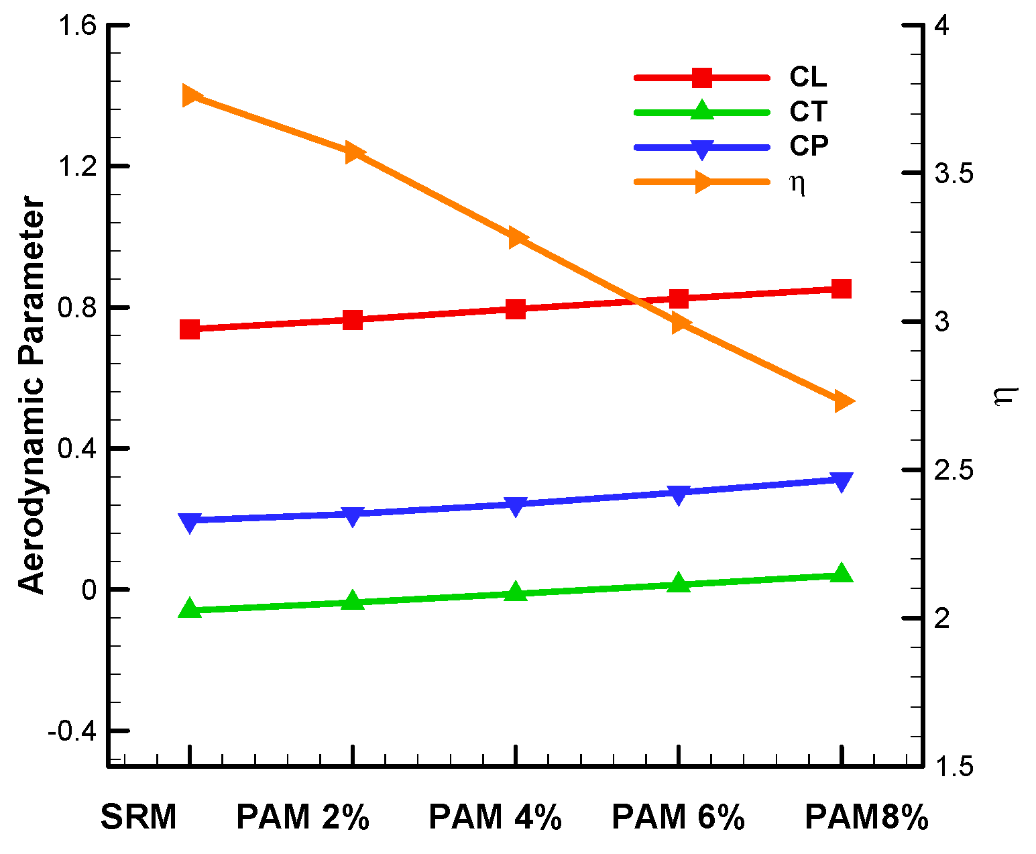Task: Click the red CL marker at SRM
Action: pyautogui.click(x=190, y=329)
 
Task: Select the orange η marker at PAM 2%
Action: pyautogui.click(x=353, y=152)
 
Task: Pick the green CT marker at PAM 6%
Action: pyautogui.click(x=679, y=583)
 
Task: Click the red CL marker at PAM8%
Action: pyautogui.click(x=842, y=289)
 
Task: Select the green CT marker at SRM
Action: pyautogui.click(x=190, y=608)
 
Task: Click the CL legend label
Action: pyautogui.click(x=808, y=77)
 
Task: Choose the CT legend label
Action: pyautogui.click(x=808, y=111)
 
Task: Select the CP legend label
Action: pyautogui.click(x=809, y=146)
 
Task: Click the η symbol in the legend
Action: pyautogui.click(x=797, y=182)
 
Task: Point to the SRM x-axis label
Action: pyautogui.click(x=139, y=817)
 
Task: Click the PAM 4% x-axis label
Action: pyautogui.click(x=495, y=817)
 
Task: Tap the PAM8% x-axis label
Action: pyautogui.click(x=866, y=817)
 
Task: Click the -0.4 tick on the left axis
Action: pyautogui.click(x=72, y=731)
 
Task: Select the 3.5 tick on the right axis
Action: pyautogui.click(x=954, y=174)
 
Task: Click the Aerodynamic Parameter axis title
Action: pyautogui.click(x=32, y=396)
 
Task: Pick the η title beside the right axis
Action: pyautogui.click(x=1005, y=396)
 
